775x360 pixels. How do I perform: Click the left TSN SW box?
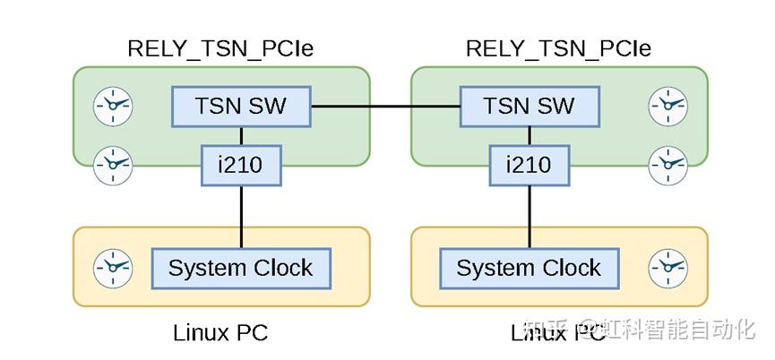tap(241, 107)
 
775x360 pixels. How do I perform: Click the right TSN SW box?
tap(529, 107)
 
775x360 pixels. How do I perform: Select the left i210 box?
tap(241, 166)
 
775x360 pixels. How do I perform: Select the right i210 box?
tap(529, 166)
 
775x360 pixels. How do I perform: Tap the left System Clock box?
tap(241, 268)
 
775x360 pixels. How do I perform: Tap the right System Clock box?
tap(529, 268)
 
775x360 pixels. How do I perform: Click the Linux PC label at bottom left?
tap(220, 333)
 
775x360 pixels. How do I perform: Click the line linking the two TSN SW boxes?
tap(385, 107)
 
